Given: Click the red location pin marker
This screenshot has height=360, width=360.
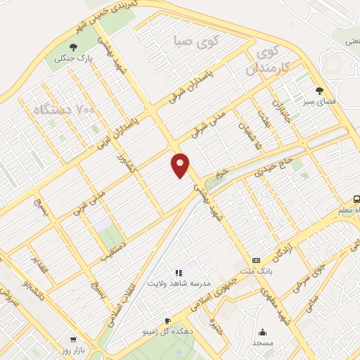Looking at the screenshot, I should (x=181, y=165).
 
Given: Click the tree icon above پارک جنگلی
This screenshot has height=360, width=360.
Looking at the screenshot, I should (x=72, y=49).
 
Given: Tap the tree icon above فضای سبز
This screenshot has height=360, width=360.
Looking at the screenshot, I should (x=320, y=90).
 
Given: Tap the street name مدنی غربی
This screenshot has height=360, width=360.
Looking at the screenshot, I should (x=89, y=201).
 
